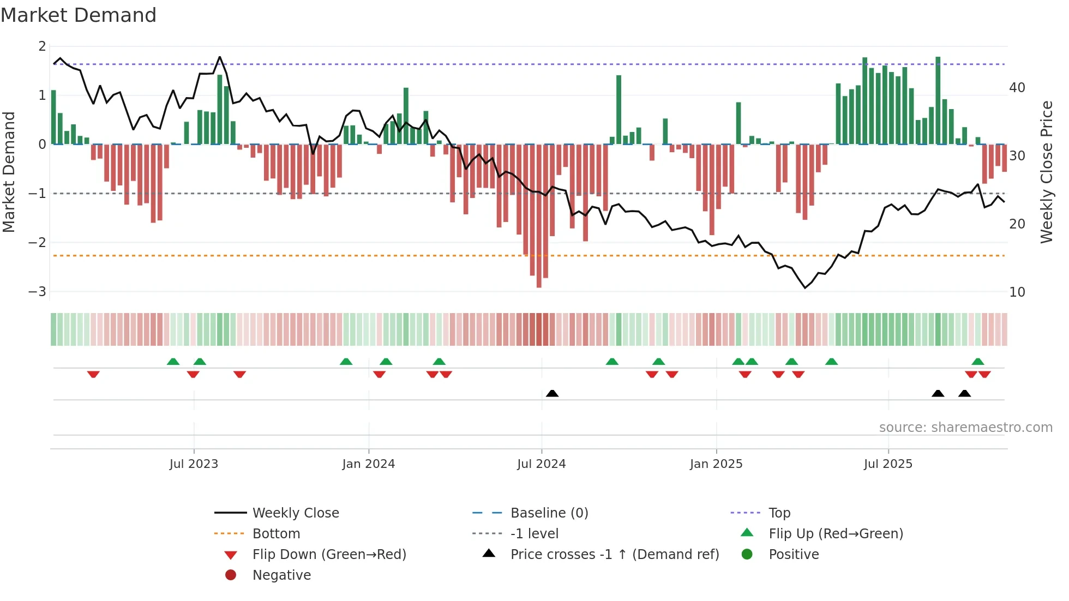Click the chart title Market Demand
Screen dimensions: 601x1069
[x=79, y=15]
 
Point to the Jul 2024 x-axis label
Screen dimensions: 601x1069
[x=541, y=464]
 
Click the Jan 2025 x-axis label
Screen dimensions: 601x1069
[x=716, y=464]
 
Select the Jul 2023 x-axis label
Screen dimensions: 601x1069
[x=194, y=464]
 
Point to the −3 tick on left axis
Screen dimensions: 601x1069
[x=37, y=291]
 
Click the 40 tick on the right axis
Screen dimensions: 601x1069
[x=1017, y=87]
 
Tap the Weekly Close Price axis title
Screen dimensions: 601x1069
[x=1046, y=172]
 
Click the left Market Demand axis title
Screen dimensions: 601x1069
[x=9, y=172]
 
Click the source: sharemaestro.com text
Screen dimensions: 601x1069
[x=965, y=427]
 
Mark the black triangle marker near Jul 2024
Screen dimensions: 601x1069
[x=552, y=393]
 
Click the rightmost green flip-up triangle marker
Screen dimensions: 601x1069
[x=977, y=361]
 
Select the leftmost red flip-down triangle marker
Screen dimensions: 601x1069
[x=93, y=374]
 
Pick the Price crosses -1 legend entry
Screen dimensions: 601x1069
[x=614, y=554]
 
